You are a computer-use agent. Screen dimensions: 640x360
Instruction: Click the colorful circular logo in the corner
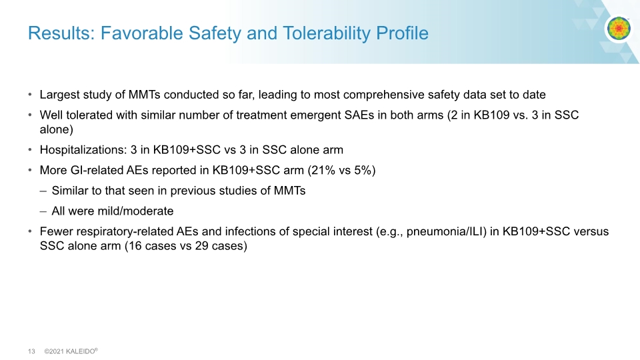pyautogui.click(x=619, y=28)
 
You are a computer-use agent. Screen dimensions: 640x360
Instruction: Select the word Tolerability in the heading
pyautogui.click(x=326, y=33)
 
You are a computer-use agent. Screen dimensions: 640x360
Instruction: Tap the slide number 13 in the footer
pyautogui.click(x=31, y=351)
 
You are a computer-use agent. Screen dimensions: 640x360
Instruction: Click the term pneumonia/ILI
pyautogui.click(x=444, y=232)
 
